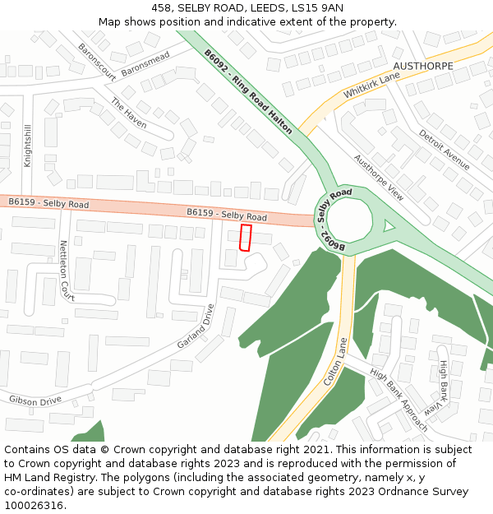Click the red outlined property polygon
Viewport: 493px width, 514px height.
pos(244,237)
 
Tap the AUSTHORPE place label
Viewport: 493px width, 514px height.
pos(422,66)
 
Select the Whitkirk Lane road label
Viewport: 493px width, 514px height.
pos(371,84)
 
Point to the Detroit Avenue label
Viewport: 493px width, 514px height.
pos(444,150)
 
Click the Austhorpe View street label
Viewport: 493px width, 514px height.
pos(379,178)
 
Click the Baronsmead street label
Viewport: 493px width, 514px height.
pos(145,64)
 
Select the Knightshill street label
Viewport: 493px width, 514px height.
pos(27,146)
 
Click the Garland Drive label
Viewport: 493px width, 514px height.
pos(196,326)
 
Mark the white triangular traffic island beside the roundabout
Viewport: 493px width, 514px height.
pos(389,225)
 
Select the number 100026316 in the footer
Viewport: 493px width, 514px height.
pos(35,505)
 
